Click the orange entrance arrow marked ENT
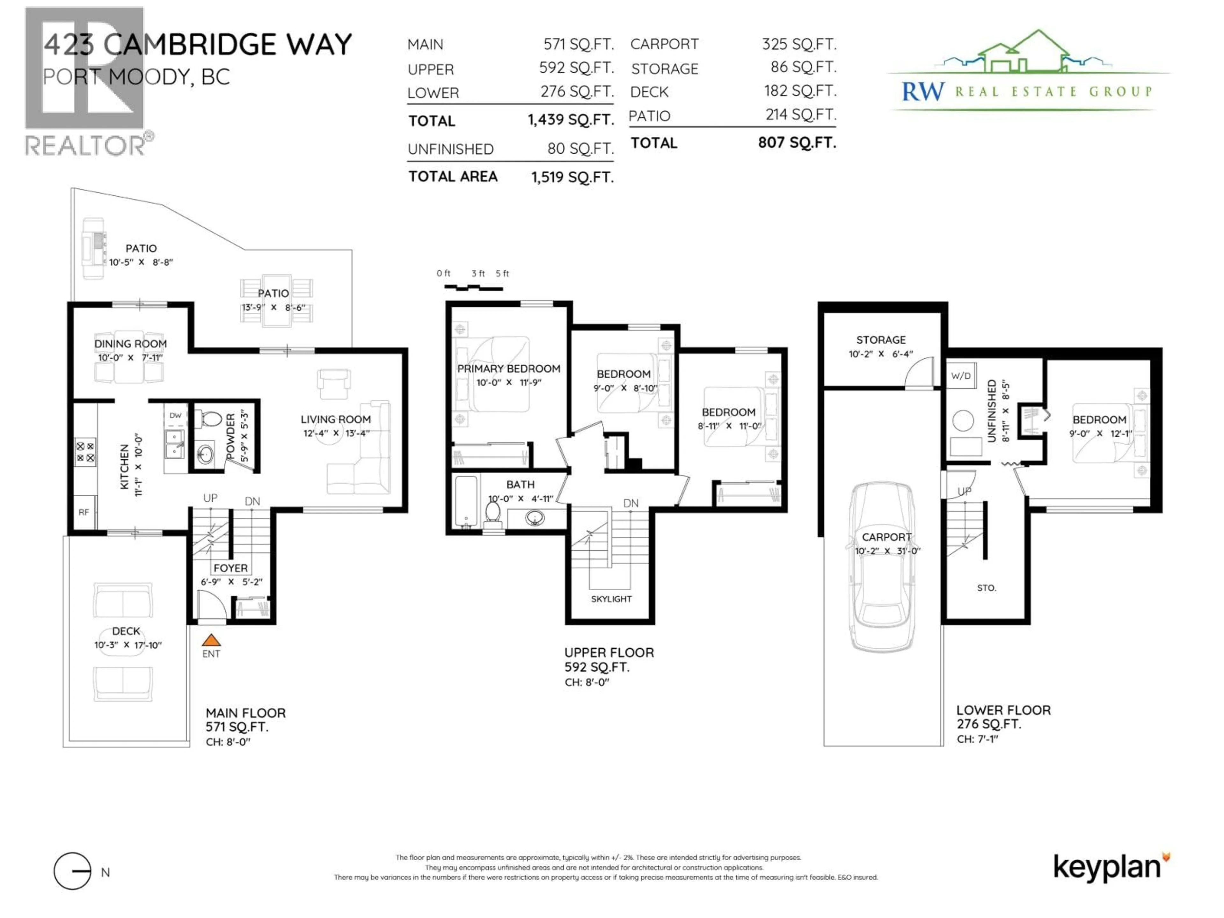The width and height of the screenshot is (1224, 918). tap(211, 641)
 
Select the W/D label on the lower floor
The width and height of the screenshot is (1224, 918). tap(961, 376)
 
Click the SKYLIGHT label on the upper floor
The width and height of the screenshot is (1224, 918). tap(611, 599)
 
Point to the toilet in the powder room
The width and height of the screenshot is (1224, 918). tap(210, 419)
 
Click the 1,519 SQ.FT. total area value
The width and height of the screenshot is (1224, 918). tap(572, 177)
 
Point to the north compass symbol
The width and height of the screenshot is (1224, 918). tap(72, 871)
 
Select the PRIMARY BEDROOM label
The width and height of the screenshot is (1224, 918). tap(508, 368)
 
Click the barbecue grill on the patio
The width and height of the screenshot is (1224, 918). tap(93, 248)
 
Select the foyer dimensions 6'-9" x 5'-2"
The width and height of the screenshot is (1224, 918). tap(231, 582)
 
